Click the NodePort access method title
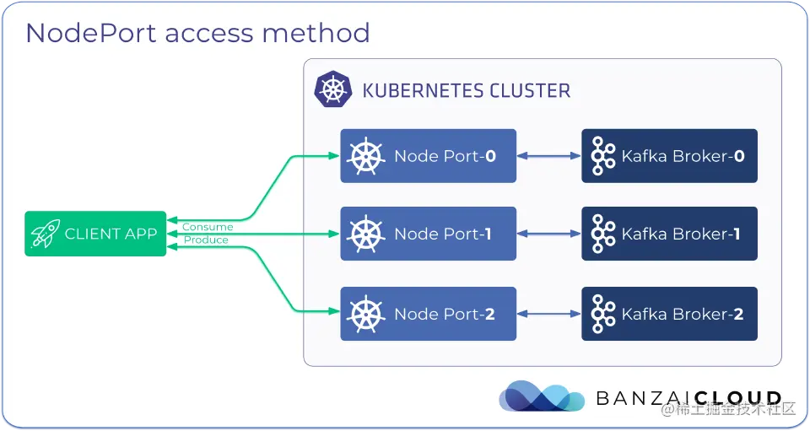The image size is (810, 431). click(x=197, y=33)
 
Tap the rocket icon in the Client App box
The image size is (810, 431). click(x=45, y=234)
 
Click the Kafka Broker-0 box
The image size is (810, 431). click(x=669, y=156)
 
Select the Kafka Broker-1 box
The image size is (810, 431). click(x=669, y=234)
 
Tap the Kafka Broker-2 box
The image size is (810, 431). click(x=669, y=314)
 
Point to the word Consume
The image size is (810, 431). click(x=207, y=227)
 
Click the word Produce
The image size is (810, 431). click(x=206, y=240)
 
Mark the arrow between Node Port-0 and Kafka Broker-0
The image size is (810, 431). click(x=548, y=156)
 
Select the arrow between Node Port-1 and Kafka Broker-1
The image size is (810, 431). click(x=548, y=234)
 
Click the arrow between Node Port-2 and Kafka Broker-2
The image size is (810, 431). click(x=548, y=314)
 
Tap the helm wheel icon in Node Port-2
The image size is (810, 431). click(x=366, y=314)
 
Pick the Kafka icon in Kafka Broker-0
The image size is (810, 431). click(x=603, y=156)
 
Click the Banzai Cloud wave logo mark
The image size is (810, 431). click(x=541, y=396)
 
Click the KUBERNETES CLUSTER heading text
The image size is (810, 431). click(x=466, y=90)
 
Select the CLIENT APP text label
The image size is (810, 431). click(x=111, y=234)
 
